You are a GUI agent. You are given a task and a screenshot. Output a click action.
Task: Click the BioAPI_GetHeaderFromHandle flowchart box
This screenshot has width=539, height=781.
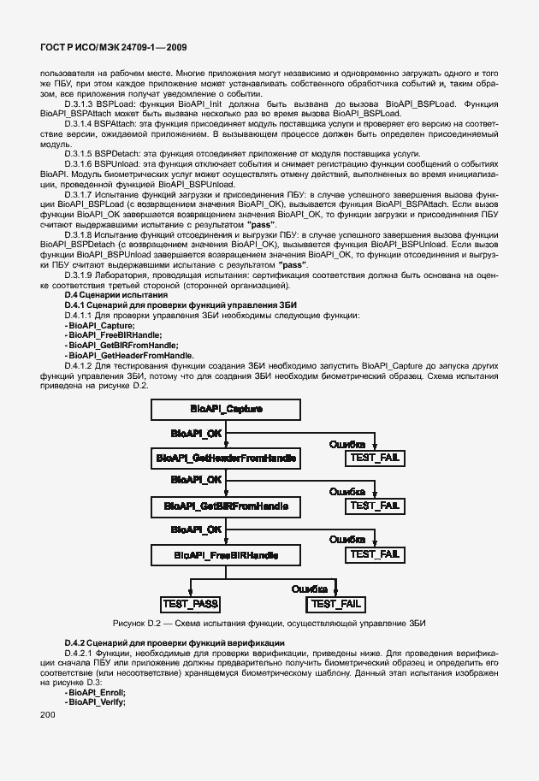point(226,459)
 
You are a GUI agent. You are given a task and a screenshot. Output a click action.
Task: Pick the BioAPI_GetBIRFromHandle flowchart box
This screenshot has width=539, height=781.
point(226,507)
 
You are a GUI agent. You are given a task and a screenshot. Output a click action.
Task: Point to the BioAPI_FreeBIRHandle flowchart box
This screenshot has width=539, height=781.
point(226,555)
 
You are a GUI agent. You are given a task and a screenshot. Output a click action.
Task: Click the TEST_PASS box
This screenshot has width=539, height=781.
point(190,604)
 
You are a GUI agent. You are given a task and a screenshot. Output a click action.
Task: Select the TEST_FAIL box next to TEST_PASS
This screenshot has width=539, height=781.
point(336,604)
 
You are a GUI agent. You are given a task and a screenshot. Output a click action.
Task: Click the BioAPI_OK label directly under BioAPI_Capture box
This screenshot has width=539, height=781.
point(196,434)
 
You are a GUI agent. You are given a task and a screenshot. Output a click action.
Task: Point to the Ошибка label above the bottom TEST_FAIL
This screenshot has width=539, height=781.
point(310,589)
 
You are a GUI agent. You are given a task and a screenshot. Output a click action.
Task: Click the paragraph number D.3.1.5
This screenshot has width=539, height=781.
point(79,151)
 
